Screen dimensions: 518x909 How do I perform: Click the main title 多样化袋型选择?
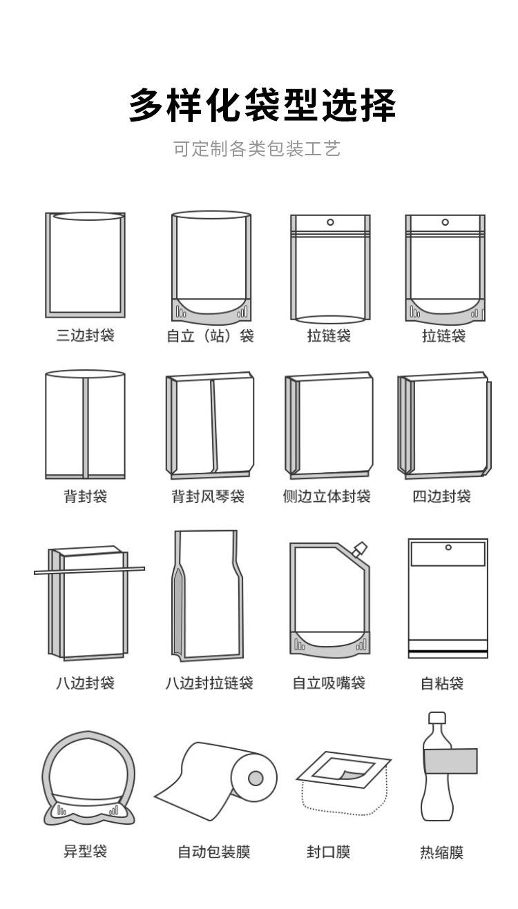[x=262, y=106]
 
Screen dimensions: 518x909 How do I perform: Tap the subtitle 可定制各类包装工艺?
[x=257, y=149]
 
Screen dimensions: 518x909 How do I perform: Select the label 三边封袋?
[x=86, y=336]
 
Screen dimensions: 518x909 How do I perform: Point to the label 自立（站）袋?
[x=210, y=337]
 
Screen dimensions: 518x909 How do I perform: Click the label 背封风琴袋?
[x=208, y=497]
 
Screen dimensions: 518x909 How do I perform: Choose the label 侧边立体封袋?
[x=327, y=497]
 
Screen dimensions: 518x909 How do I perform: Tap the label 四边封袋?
[x=442, y=497]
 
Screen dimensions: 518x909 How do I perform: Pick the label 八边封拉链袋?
[x=209, y=683]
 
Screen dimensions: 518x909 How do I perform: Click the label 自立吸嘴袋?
[x=329, y=683]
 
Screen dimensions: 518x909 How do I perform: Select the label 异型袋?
[x=86, y=851]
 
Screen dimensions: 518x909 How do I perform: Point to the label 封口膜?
[x=329, y=852]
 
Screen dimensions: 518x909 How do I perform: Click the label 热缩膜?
[x=442, y=852]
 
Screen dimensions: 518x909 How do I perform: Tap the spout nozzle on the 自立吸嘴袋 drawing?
[x=359, y=549]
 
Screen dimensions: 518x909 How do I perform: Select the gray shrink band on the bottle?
[x=450, y=761]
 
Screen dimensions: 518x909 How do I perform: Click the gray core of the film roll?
[x=256, y=779]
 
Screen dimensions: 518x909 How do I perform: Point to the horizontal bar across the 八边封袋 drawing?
[x=90, y=570]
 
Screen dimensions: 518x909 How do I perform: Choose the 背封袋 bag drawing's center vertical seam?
[x=86, y=428]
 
